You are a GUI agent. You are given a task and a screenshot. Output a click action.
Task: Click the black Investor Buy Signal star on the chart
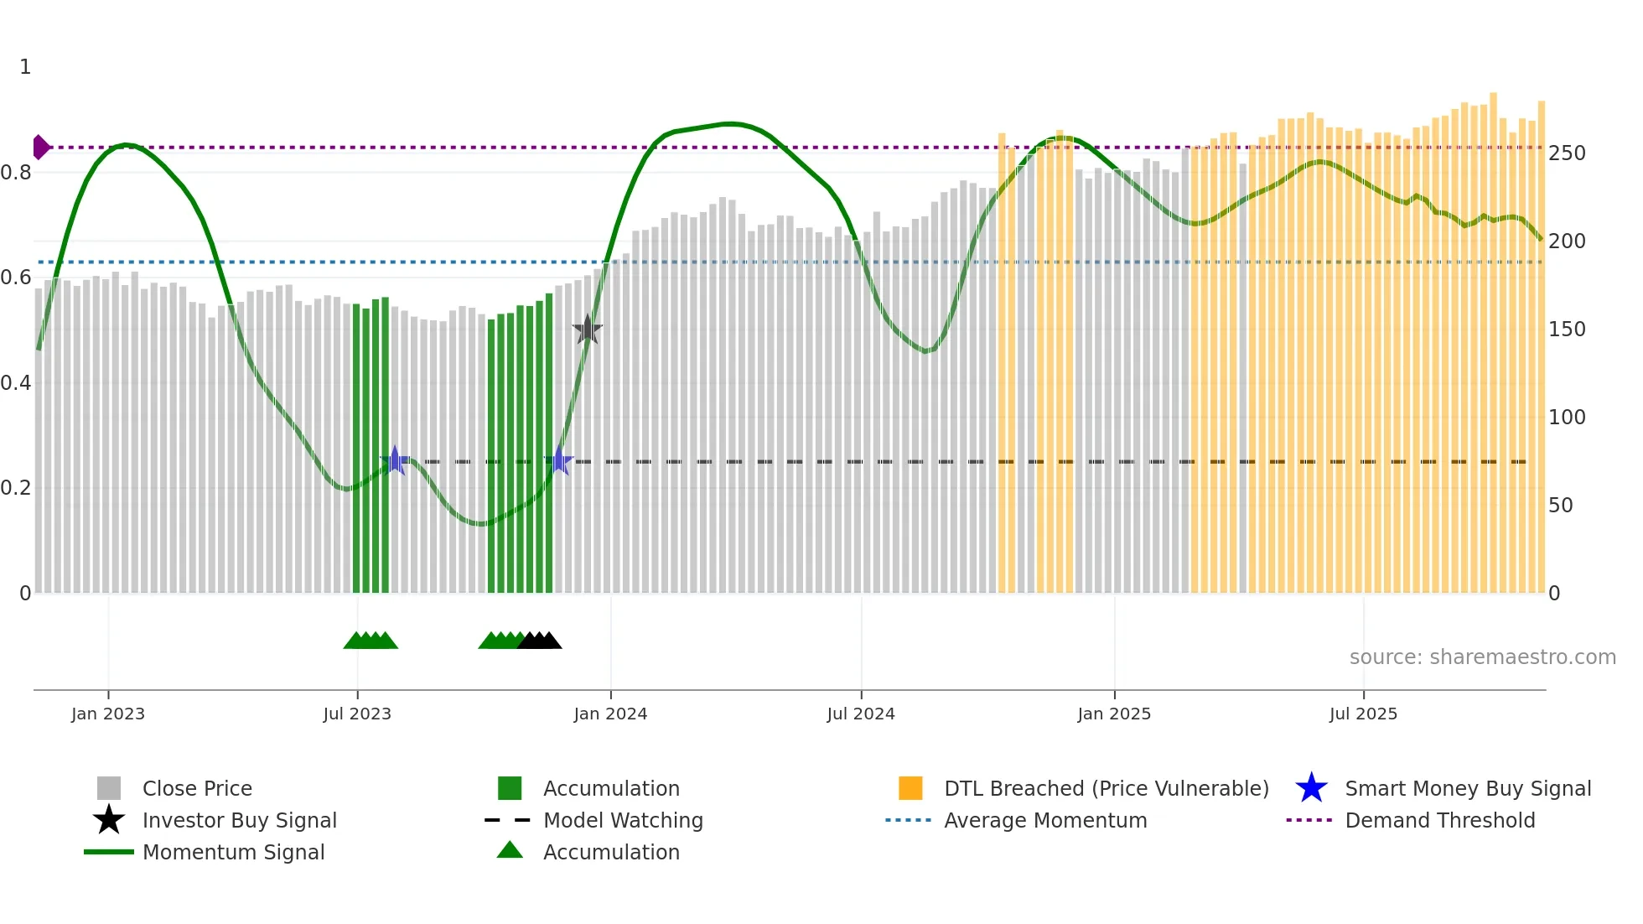588,330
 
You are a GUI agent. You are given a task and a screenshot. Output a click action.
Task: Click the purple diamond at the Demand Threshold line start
40,148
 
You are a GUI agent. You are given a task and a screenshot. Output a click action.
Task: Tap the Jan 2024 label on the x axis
610,714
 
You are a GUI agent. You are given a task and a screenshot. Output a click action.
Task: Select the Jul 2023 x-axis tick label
357,714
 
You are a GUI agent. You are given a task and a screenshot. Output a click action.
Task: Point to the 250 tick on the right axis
1567,153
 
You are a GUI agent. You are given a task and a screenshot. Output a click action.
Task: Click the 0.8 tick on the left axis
16,173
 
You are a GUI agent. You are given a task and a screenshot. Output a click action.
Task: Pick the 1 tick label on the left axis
25,67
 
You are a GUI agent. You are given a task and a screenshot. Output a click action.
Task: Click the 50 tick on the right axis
1560,506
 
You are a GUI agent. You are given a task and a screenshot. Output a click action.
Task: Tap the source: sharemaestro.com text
1482,657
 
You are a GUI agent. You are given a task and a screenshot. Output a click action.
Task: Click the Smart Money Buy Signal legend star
1311,788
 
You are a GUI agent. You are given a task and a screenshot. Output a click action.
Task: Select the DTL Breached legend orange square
910,788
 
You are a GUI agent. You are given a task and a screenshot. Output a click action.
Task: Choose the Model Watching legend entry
622,820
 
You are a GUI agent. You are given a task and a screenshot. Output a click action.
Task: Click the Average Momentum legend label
1044,820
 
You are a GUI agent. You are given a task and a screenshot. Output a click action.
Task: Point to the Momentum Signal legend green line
109,852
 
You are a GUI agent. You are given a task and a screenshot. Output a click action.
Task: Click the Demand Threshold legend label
1439,820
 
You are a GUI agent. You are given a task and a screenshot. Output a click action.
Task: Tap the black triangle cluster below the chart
540,641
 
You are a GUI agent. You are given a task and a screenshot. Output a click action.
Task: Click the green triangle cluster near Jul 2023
371,641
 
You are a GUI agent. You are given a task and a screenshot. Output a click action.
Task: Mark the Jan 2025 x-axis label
1114,714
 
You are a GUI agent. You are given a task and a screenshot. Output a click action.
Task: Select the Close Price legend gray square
109,788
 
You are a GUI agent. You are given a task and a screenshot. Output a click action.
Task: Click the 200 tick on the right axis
1567,241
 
